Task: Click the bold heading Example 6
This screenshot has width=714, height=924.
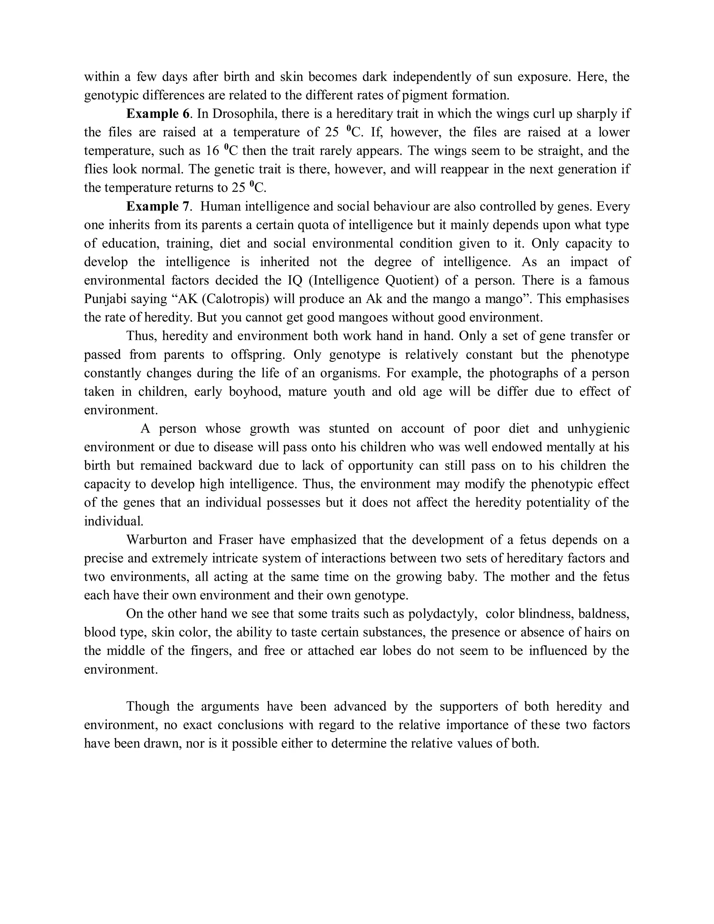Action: coord(157,114)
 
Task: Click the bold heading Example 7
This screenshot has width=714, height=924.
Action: coord(157,206)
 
